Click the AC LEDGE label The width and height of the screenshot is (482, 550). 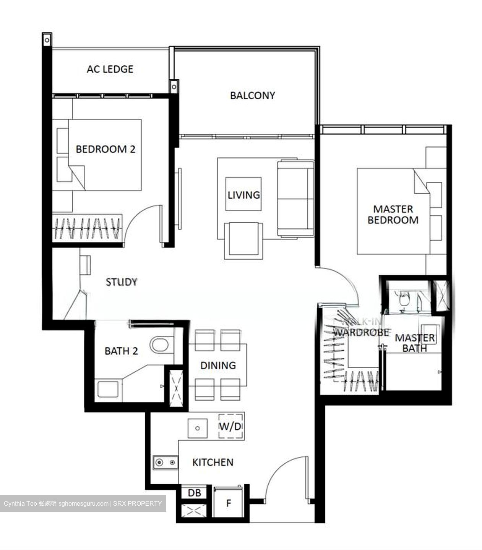[110, 69]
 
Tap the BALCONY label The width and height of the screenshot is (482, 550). [252, 95]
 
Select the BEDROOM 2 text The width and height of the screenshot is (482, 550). [105, 149]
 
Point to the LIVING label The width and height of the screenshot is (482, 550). [244, 195]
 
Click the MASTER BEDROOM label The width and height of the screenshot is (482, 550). [393, 215]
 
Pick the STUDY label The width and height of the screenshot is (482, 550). [121, 282]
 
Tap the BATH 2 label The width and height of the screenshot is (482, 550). [121, 351]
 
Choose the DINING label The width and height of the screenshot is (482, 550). [218, 366]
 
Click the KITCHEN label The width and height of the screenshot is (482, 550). [213, 463]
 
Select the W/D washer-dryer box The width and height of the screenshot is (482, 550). [231, 426]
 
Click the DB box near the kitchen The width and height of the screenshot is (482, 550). [194, 493]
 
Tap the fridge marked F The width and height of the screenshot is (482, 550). [229, 503]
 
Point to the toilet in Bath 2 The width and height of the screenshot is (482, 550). [160, 345]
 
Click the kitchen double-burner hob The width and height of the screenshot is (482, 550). [166, 463]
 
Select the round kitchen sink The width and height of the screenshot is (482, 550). [197, 428]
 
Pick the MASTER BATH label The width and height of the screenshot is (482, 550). [415, 343]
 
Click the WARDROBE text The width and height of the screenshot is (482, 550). [361, 332]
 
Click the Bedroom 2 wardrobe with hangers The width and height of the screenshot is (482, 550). [87, 228]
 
